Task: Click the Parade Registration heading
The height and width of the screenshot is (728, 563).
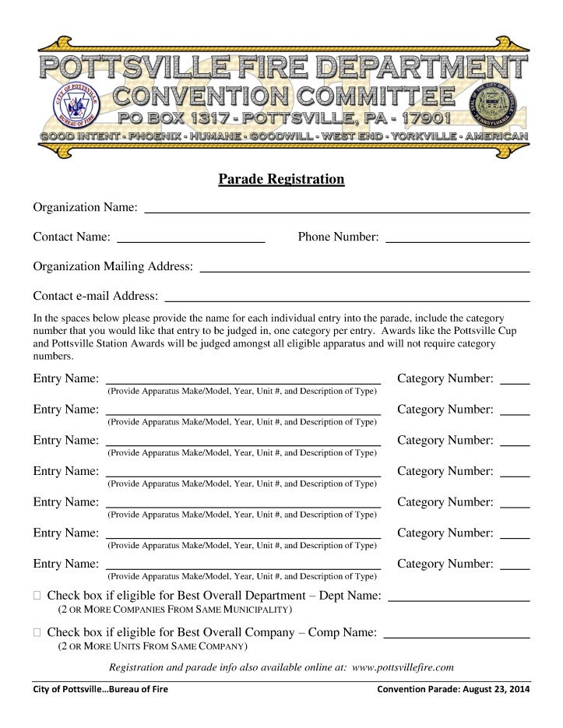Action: tap(281, 180)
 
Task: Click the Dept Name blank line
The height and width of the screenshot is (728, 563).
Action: tap(458, 598)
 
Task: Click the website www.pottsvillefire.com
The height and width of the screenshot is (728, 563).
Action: tap(403, 667)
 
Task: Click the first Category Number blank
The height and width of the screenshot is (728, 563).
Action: tap(515, 382)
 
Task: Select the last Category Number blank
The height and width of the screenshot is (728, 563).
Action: tap(515, 567)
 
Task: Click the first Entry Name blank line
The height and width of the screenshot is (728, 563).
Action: tap(243, 381)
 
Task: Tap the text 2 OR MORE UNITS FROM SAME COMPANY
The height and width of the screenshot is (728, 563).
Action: tap(153, 647)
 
